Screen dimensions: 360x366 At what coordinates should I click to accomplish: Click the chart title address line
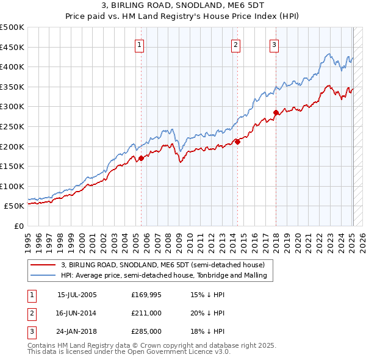[182, 7]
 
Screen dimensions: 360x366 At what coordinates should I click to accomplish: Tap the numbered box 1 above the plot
[140, 44]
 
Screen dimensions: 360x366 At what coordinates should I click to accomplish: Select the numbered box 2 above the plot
[236, 44]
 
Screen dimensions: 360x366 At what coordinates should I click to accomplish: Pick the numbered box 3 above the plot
[274, 44]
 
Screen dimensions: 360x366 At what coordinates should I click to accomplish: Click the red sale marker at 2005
[141, 158]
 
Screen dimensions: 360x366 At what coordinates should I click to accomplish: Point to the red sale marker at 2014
[237, 142]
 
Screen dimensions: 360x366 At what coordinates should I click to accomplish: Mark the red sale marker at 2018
[276, 112]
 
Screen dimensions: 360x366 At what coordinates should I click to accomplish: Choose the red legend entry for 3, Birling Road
[162, 265]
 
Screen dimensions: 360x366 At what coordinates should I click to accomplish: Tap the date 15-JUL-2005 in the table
[77, 295]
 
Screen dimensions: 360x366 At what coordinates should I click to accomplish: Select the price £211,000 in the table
[146, 313]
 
